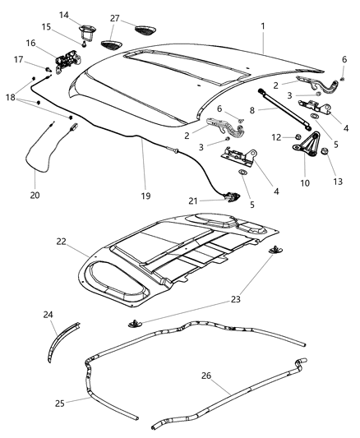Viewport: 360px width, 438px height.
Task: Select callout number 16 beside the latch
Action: click(30, 44)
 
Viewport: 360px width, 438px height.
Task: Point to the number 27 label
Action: click(114, 18)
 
